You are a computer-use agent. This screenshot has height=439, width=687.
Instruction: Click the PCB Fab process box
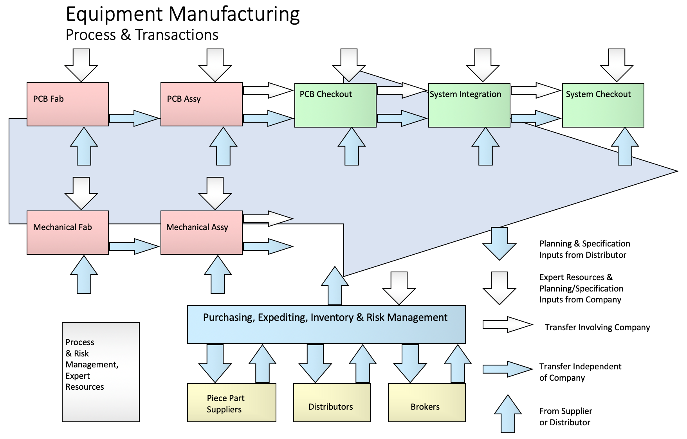(67, 104)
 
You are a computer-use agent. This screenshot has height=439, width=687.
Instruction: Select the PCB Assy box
(201, 104)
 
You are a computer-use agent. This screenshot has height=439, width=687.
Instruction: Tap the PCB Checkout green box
(335, 105)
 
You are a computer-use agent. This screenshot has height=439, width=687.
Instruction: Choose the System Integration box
(469, 105)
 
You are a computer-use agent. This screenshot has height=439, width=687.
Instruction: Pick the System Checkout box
(603, 105)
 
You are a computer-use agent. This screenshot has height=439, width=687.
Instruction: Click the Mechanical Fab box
(67, 233)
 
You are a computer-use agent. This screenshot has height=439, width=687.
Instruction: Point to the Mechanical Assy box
(201, 233)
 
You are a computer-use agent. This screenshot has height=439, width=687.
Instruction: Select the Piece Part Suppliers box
(231, 403)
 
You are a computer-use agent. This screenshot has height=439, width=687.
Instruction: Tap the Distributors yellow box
(332, 403)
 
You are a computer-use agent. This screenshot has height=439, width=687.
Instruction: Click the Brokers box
(426, 403)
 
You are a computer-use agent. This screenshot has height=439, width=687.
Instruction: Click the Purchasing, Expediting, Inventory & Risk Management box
(326, 324)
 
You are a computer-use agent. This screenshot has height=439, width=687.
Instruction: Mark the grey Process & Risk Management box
(101, 372)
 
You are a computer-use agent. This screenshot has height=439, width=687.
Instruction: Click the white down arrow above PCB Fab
(81, 65)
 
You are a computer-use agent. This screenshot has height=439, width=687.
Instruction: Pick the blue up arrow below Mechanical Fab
(84, 275)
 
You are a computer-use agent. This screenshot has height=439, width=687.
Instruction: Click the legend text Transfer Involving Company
(597, 327)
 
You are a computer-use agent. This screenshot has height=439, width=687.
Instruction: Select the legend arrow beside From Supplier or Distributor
(508, 414)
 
